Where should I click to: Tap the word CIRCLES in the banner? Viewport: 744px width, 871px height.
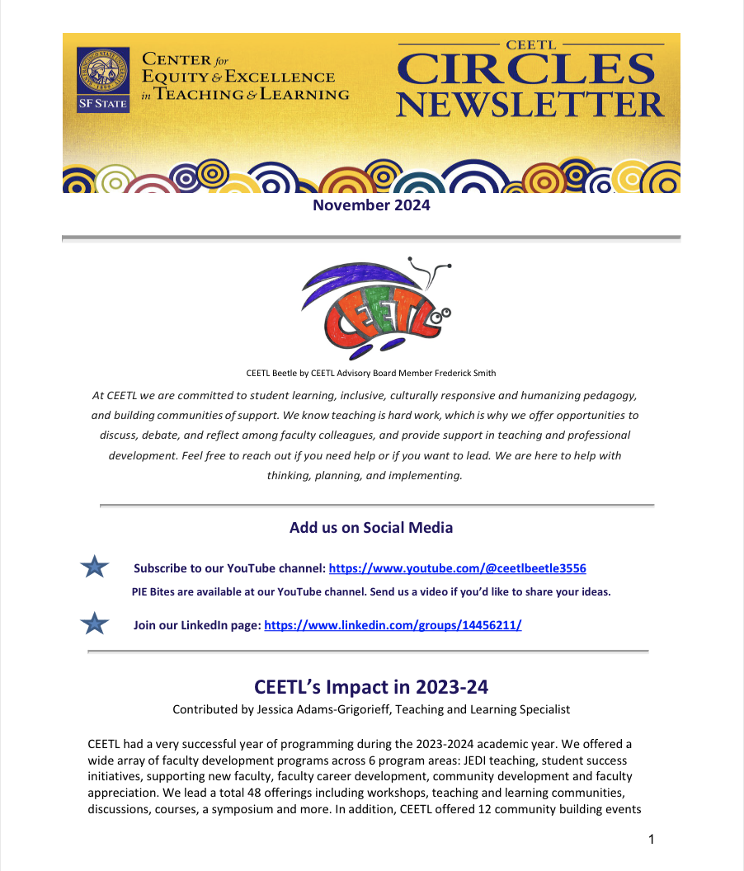[529, 72]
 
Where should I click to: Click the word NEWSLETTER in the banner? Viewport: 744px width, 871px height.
[529, 105]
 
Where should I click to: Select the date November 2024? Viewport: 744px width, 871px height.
[371, 205]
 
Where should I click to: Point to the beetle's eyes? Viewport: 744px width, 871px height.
[445, 313]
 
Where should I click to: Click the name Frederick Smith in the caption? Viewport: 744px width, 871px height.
[465, 373]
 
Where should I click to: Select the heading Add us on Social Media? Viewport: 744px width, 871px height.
[371, 527]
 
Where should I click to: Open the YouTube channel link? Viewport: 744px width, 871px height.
[457, 568]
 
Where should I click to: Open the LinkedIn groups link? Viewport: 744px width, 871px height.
[393, 625]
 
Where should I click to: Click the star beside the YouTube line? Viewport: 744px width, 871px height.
[95, 567]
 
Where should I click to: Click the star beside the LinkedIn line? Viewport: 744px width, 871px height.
[95, 624]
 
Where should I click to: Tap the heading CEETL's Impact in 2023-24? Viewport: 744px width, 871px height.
[371, 686]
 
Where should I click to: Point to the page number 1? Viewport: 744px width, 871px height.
[652, 840]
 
